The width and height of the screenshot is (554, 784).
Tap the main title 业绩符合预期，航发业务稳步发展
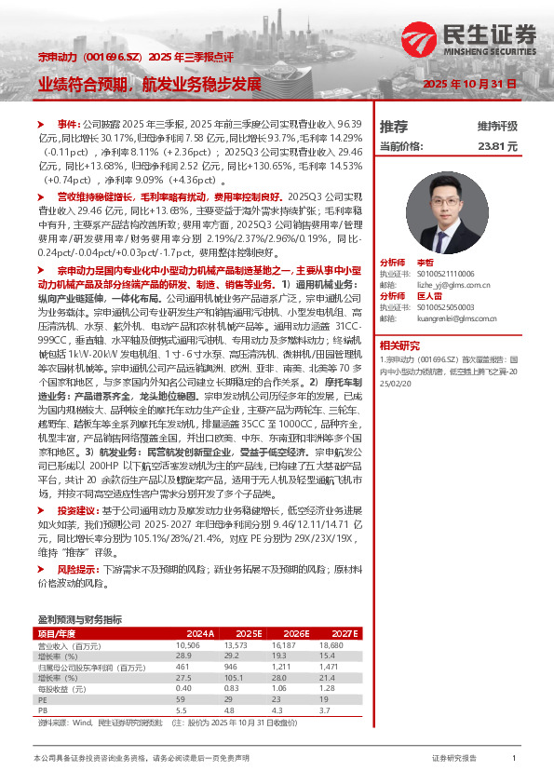(x=149, y=84)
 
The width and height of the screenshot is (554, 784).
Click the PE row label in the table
(x=42, y=699)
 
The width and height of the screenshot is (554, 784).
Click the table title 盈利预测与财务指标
(x=79, y=619)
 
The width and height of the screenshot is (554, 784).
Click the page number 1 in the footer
(x=514, y=759)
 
